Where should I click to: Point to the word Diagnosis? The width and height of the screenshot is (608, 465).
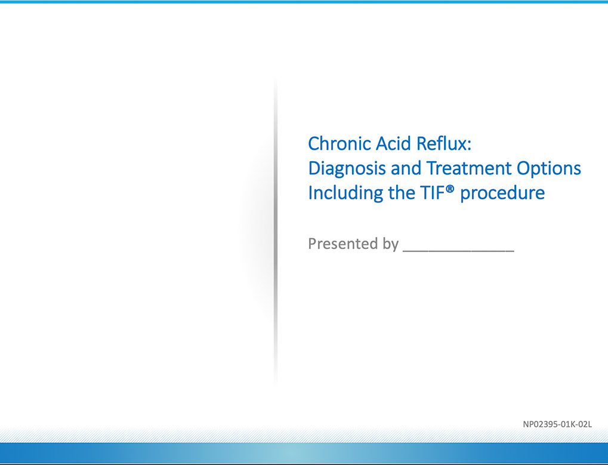[x=347, y=169]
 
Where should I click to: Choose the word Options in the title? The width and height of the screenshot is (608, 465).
[x=549, y=169]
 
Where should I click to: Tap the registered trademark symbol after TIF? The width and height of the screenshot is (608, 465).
[x=450, y=189]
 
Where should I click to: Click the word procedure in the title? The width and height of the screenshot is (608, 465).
[x=502, y=193]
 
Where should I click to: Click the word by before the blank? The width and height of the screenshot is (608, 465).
[x=390, y=244]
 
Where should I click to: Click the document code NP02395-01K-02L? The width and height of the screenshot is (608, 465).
[x=558, y=424]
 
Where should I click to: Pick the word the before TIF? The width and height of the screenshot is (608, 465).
[x=402, y=193]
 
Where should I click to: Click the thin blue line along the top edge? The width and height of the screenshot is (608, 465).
[x=304, y=2]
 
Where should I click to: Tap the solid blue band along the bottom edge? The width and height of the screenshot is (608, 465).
[x=304, y=452]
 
